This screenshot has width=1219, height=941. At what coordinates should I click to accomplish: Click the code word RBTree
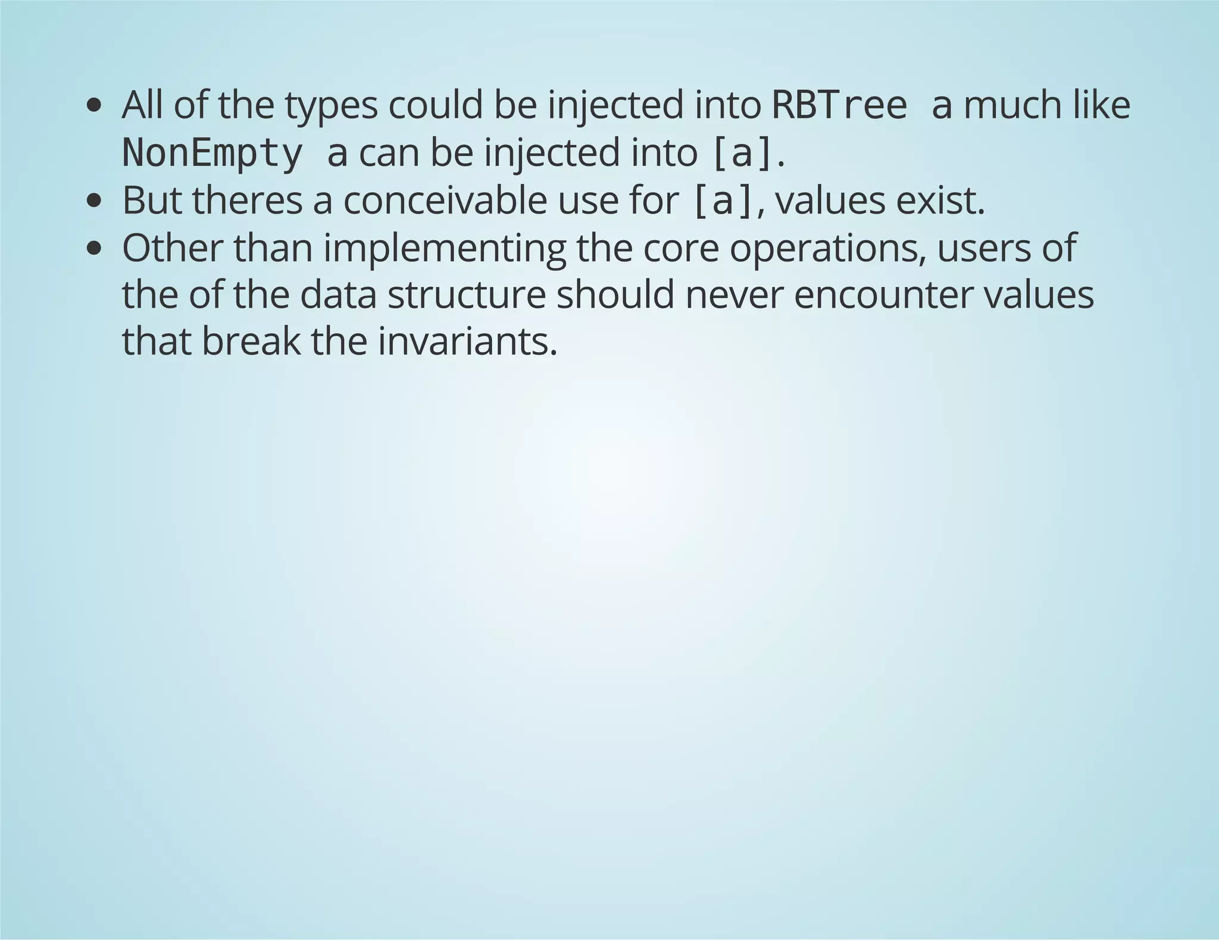[839, 105]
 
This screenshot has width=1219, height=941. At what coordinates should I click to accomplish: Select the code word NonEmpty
[212, 153]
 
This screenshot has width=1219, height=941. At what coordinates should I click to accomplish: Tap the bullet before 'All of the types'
[94, 106]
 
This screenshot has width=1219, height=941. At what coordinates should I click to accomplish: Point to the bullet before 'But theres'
[94, 202]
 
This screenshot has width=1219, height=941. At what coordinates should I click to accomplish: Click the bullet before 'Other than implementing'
[94, 249]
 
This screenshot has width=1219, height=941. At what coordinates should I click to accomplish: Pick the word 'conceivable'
[445, 200]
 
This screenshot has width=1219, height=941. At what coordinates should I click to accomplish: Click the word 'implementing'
[445, 249]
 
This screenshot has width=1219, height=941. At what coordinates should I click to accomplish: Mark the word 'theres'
[247, 200]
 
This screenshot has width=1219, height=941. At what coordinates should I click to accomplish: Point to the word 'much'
[1011, 105]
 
